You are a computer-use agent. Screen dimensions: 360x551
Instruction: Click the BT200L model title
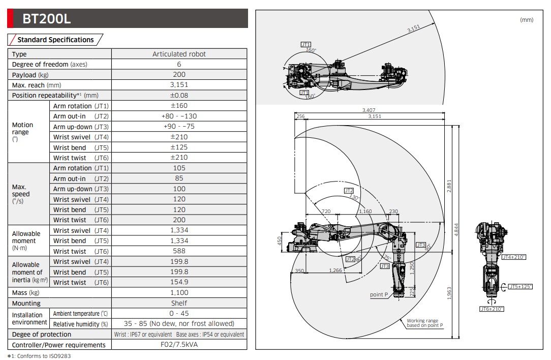46,19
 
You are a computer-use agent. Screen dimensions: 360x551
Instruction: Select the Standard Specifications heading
55,40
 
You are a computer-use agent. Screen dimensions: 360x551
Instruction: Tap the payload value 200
179,75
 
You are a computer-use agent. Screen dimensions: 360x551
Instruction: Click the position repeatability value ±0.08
179,95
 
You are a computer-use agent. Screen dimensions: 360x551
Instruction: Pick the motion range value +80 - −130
179,116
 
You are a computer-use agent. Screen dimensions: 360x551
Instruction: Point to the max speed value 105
179,168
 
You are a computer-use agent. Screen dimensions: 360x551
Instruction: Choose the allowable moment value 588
179,251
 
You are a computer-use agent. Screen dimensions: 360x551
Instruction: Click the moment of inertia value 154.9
179,282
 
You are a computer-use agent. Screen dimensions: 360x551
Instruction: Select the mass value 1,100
179,292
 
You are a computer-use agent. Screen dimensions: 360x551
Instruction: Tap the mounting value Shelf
179,303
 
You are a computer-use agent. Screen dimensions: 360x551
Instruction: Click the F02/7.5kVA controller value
179,345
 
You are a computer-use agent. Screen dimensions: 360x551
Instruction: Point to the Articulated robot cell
179,54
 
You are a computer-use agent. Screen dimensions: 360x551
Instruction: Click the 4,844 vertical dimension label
456,230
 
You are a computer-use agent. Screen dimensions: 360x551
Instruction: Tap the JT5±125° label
520,287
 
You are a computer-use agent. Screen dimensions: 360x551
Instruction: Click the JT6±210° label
492,309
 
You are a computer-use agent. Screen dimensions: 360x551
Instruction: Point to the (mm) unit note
527,20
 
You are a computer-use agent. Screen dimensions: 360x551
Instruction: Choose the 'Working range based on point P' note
424,323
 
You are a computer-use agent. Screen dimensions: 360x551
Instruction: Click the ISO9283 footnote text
39,356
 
